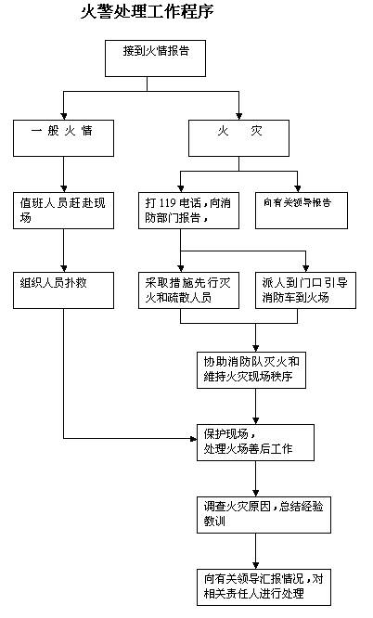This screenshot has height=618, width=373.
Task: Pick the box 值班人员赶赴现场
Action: [x=63, y=209]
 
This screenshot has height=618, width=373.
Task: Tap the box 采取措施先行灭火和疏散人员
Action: [x=180, y=290]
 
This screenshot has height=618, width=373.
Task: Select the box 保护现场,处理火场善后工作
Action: [x=254, y=441]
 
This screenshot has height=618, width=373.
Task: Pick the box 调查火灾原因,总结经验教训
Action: [x=254, y=512]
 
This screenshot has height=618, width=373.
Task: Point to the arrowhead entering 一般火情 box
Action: [x=63, y=115]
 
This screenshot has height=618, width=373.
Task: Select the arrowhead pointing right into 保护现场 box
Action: [x=192, y=437]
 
